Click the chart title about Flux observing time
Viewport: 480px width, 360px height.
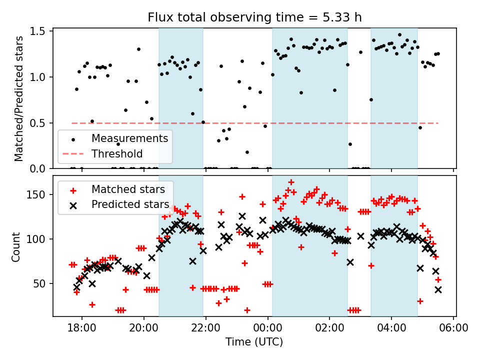(254, 17)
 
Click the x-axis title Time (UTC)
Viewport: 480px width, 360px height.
(254, 342)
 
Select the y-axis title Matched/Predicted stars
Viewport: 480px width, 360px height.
(19, 98)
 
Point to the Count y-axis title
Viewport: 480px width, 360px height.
(16, 246)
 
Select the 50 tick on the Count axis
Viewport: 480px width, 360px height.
(40, 283)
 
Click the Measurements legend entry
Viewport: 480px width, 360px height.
(129, 138)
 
